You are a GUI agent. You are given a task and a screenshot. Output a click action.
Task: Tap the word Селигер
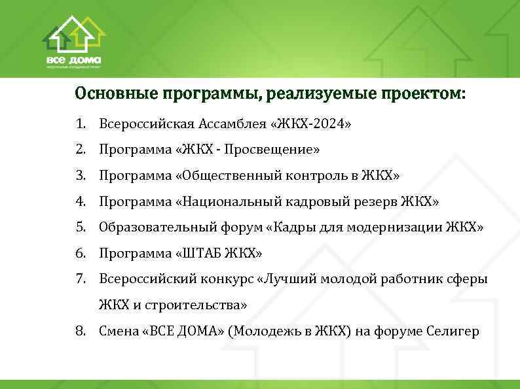pos(457,331)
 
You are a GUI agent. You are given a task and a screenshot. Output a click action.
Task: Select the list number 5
pos(79,228)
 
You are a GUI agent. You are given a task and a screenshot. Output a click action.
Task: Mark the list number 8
pos(79,331)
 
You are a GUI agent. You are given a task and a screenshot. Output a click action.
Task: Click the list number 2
pos(79,150)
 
